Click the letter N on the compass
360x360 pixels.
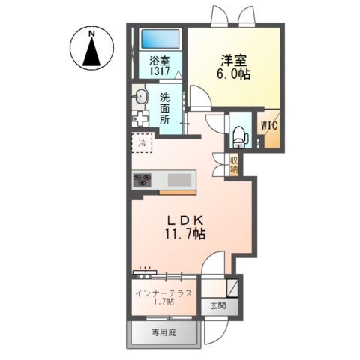(92, 34)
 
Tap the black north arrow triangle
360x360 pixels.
(91, 52)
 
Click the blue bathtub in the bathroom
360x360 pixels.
(160, 39)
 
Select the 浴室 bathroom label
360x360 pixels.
(160, 61)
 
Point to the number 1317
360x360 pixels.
(160, 71)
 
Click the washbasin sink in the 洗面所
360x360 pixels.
(141, 96)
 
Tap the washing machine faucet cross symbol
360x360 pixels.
(140, 118)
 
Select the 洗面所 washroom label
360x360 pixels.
(165, 109)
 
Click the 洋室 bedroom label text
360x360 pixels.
(233, 60)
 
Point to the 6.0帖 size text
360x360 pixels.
(234, 73)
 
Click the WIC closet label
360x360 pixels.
(269, 125)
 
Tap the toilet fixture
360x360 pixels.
(240, 137)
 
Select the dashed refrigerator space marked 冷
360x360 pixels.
(142, 142)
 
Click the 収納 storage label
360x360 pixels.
(234, 165)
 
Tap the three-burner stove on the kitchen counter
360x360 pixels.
(142, 180)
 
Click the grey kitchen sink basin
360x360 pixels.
(179, 180)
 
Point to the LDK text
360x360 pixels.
(184, 220)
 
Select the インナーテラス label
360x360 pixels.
(163, 293)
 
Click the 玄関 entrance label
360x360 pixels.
(218, 305)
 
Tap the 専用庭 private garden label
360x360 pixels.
(163, 332)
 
